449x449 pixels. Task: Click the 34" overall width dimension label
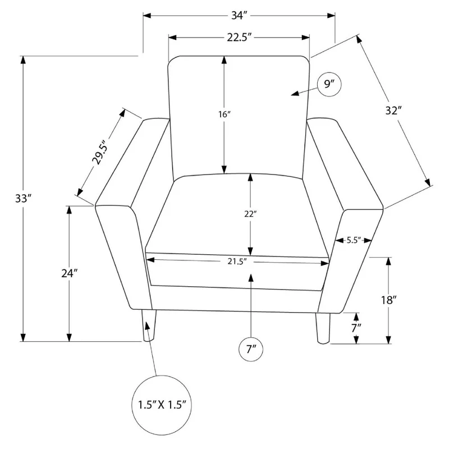pos(239,15)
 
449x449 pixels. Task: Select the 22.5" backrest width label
pos(239,37)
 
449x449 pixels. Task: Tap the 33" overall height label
pos(23,198)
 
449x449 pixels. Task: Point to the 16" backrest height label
pos(224,114)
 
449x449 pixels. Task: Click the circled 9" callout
pos(329,84)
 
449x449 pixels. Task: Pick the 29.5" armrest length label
pos(100,152)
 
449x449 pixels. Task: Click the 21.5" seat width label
pos(237,261)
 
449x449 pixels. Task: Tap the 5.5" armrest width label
pos(354,240)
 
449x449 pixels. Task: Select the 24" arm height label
pos(70,273)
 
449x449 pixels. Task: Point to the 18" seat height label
pos(388,300)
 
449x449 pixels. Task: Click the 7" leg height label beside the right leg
pos(356,328)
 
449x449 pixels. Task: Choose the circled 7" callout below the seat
pos(251,349)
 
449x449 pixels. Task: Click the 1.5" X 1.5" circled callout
pos(162,405)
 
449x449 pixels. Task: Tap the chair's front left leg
pos(149,326)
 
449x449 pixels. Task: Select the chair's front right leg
pos(323,328)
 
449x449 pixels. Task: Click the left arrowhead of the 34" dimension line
pos(147,15)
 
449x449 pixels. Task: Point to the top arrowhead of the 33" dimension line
pos(23,60)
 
